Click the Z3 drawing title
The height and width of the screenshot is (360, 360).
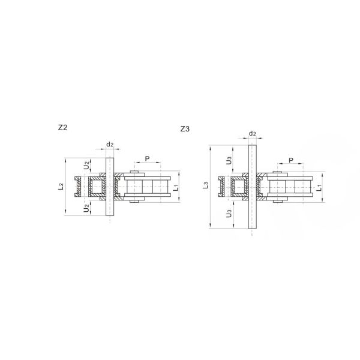coord(185,130)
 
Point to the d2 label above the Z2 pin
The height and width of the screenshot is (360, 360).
coord(109,145)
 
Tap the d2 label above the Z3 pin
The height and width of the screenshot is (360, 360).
coord(253,134)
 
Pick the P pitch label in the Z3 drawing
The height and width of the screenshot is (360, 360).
coord(291,160)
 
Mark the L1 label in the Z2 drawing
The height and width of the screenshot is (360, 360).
coord(175,187)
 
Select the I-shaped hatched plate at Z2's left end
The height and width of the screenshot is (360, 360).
coord(78,187)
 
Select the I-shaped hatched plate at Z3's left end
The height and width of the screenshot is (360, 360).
coord(221,187)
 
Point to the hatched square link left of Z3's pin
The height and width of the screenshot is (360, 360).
coord(240,187)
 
